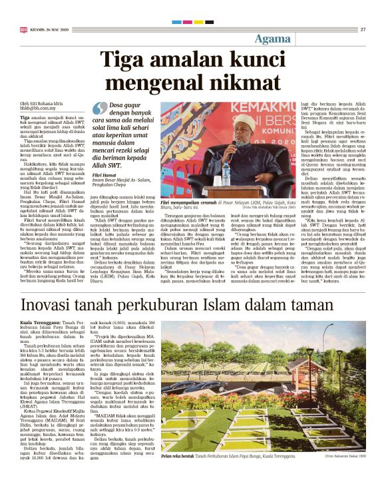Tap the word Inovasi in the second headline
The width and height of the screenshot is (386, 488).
coord(50,306)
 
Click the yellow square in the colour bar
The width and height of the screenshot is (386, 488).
coord(198,21)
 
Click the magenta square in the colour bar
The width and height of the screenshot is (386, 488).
coord(185,21)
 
